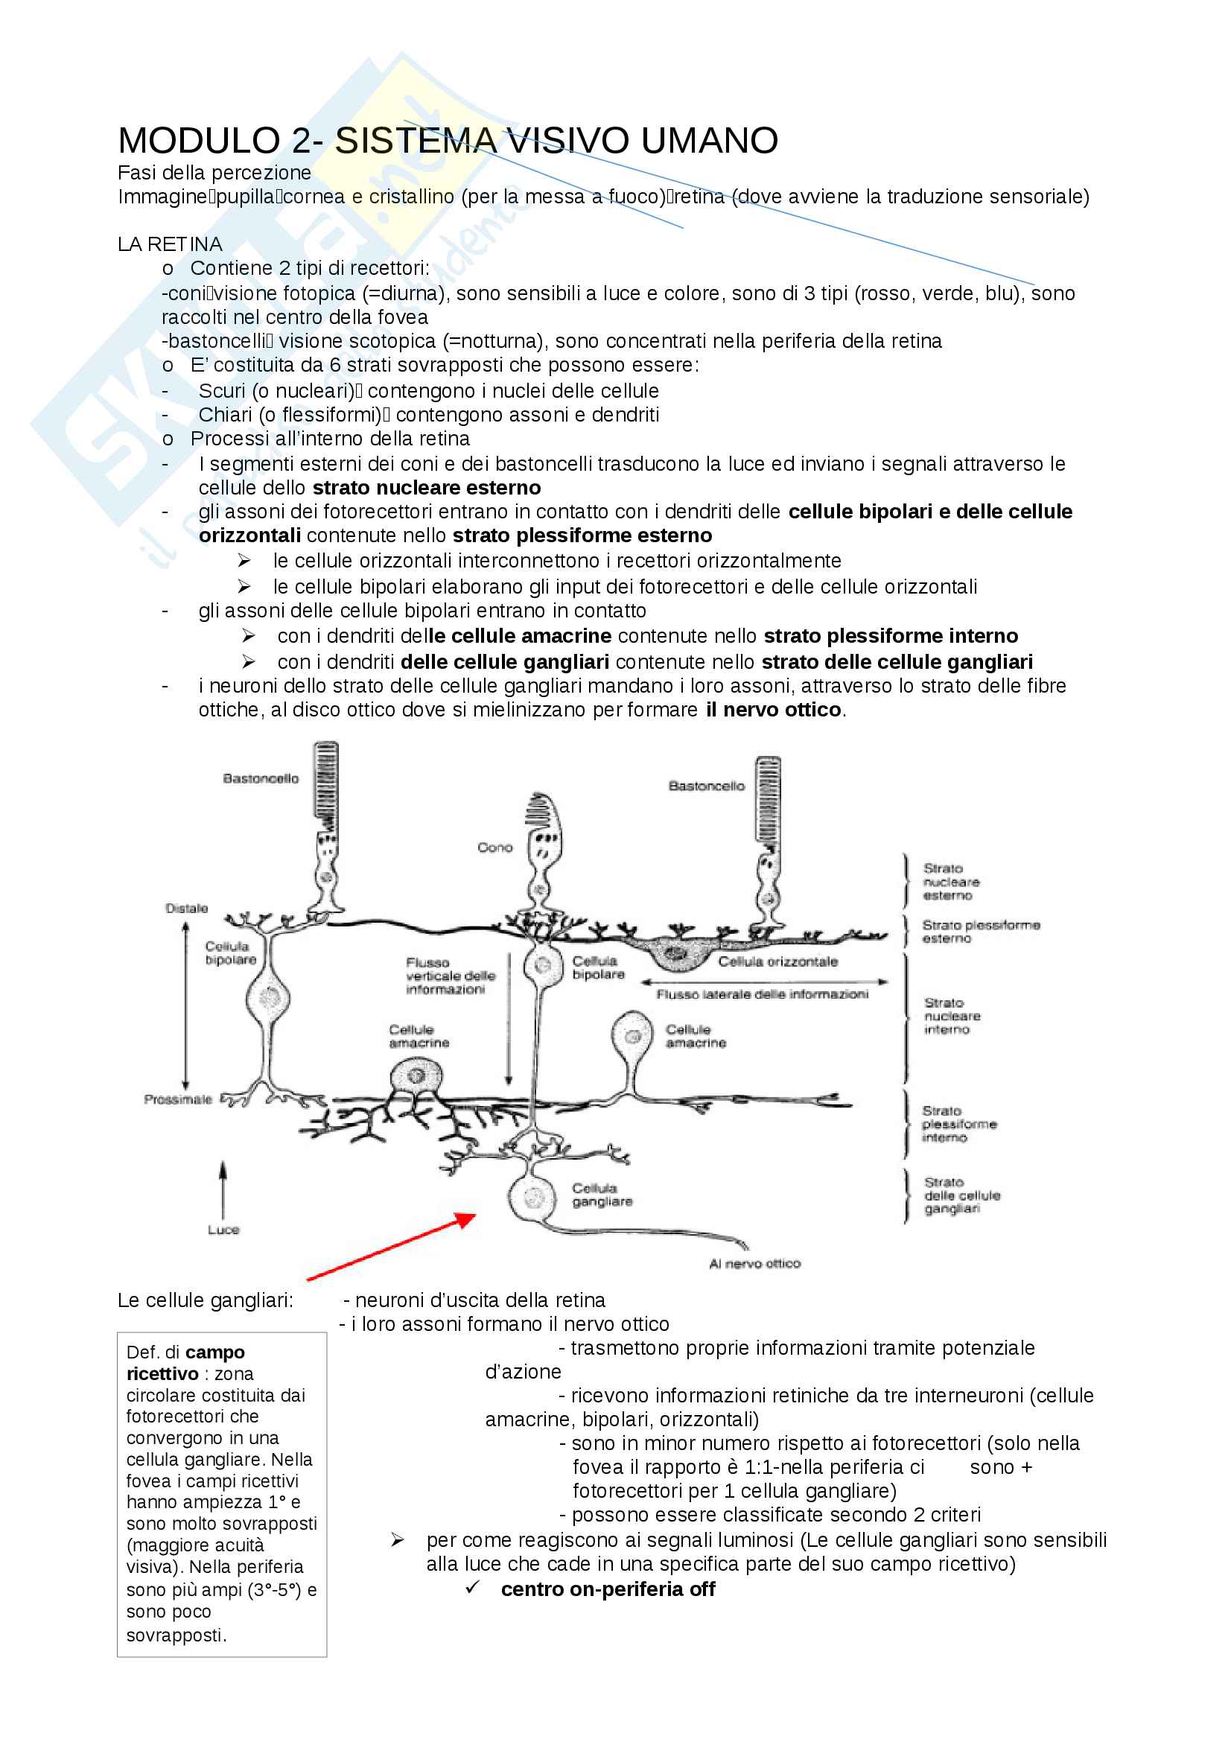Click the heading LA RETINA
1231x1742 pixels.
pos(170,244)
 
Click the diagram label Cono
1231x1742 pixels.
pos(494,848)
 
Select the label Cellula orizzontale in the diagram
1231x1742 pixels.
pos(777,962)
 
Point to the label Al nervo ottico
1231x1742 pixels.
pos(754,1263)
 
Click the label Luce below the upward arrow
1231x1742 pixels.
pos(223,1230)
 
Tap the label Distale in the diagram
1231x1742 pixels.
pos(186,908)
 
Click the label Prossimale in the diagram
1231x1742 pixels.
pos(177,1099)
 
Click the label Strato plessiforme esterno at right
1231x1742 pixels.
pos(980,932)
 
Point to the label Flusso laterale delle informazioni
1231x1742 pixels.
pos(762,994)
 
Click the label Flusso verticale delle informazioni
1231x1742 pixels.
pos(450,976)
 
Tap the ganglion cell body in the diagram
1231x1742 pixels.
pos(534,1198)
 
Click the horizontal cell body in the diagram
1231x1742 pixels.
pos(673,956)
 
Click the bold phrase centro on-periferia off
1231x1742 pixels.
pos(608,1589)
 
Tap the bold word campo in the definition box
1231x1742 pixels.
pos(214,1352)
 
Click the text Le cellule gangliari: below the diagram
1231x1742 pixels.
pos(205,1300)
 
